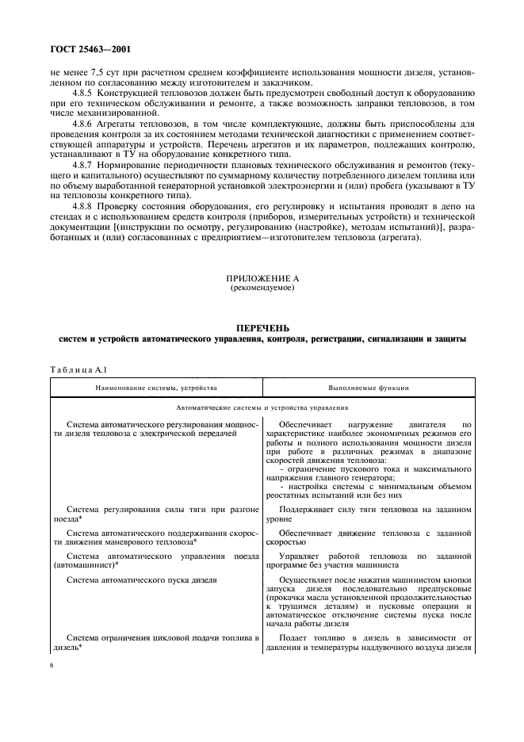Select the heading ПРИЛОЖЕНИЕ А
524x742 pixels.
tap(262, 279)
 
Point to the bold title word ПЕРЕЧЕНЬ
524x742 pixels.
tap(262, 327)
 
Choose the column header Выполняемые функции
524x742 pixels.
tap(369, 389)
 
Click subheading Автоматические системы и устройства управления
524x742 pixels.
tap(262, 407)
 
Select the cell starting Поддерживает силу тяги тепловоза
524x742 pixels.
tap(369, 511)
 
